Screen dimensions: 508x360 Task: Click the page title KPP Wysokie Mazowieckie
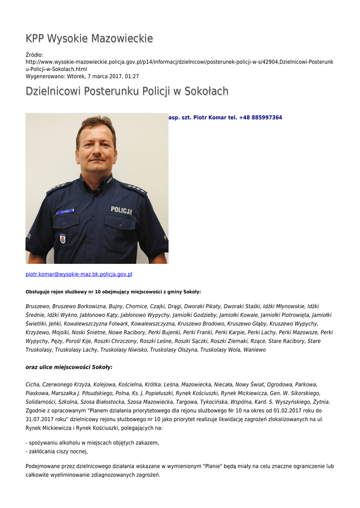tap(89, 39)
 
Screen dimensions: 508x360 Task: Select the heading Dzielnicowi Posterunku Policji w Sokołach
tap(127, 91)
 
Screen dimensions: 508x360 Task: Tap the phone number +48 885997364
tap(261, 118)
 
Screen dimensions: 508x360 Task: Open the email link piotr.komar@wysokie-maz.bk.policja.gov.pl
tap(79, 274)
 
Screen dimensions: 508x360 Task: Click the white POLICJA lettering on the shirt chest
tap(121, 210)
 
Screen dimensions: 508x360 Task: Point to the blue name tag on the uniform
tap(65, 212)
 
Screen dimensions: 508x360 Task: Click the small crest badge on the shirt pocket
tap(63, 239)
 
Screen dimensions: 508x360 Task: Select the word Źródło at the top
tap(34, 55)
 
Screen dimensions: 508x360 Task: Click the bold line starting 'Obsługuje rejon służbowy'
tap(113, 292)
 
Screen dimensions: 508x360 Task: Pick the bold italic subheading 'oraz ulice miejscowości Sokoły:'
tap(69, 367)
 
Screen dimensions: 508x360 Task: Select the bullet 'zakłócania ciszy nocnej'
tap(58, 451)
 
